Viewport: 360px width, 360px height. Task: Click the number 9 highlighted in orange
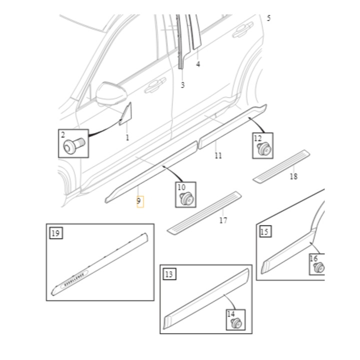point(138,201)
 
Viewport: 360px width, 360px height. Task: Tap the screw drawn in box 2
point(74,145)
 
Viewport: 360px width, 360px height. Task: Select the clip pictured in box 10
point(187,198)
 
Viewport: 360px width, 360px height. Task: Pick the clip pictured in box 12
point(264,149)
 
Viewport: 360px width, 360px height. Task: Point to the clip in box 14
point(236,323)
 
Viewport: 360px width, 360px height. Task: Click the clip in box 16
point(319,267)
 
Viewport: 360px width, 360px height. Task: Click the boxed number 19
point(56,233)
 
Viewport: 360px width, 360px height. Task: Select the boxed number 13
point(169,274)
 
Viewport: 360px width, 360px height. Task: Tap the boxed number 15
point(264,231)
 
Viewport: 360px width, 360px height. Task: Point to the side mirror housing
point(112,93)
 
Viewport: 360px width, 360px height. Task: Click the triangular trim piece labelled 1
point(126,114)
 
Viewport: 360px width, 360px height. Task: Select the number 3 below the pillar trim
point(182,85)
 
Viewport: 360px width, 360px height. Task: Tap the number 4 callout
point(198,64)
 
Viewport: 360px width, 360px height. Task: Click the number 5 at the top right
point(268,18)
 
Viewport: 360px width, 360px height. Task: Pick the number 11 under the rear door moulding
point(218,155)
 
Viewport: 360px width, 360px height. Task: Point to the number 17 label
point(223,220)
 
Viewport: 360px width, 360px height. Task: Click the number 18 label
point(293,176)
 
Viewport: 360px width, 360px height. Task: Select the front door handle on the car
point(155,85)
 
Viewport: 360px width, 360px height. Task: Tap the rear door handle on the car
point(243,29)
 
